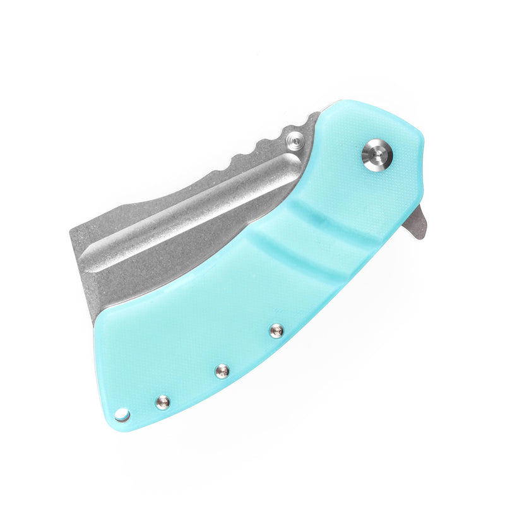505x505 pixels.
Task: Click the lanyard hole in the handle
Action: coord(122,415)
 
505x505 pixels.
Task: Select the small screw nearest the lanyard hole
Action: coord(162,401)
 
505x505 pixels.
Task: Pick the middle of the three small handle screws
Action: coord(222,371)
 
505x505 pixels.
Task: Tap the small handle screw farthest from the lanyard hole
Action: coord(276,330)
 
